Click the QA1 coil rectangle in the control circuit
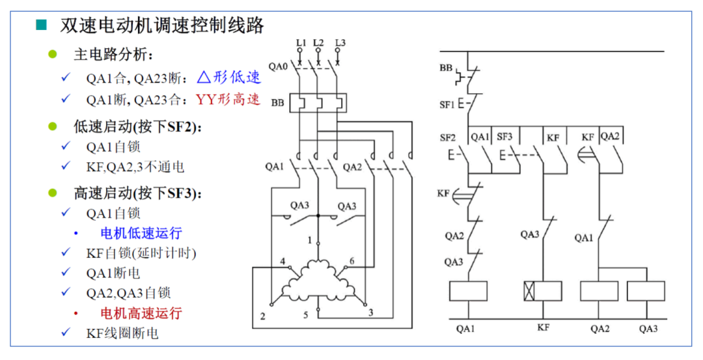[468, 291]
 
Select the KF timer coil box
[542, 291]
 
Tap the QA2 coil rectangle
[599, 291]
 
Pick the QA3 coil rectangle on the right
[646, 291]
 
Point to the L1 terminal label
[301, 43]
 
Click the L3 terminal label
[340, 43]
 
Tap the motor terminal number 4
[283, 262]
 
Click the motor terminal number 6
[352, 261]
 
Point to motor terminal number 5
[305, 316]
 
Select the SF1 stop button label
[447, 104]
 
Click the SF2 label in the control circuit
[448, 137]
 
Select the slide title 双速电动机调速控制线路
[162, 25]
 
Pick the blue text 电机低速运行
[141, 233]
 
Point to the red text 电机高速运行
[141, 313]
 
